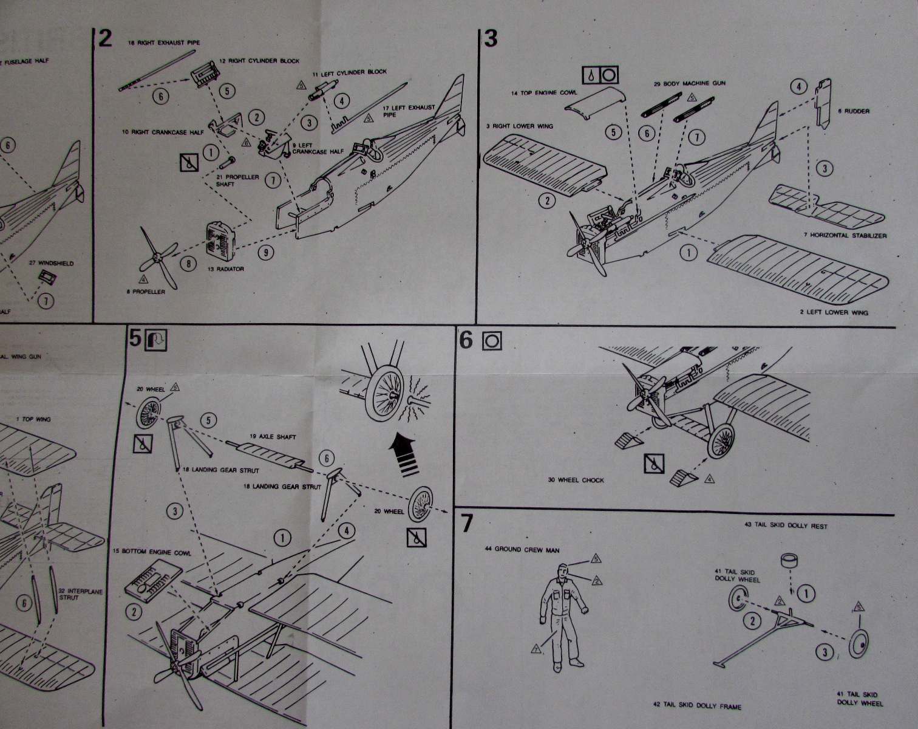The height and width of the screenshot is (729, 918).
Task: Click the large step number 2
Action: tap(105, 39)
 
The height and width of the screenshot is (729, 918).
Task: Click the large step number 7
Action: tap(466, 524)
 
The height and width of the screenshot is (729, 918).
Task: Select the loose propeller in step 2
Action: tap(157, 258)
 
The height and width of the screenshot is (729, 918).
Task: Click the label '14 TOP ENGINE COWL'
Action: tap(543, 93)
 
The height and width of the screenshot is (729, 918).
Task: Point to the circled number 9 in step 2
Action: tap(265, 252)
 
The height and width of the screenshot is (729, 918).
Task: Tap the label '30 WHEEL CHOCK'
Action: tap(576, 480)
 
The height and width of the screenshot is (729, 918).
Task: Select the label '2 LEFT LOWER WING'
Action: tap(833, 312)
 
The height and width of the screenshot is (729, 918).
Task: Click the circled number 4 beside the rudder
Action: tap(798, 87)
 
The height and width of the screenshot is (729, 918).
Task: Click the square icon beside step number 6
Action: tap(491, 341)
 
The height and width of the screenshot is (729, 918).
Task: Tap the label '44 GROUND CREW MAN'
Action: tap(522, 549)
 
